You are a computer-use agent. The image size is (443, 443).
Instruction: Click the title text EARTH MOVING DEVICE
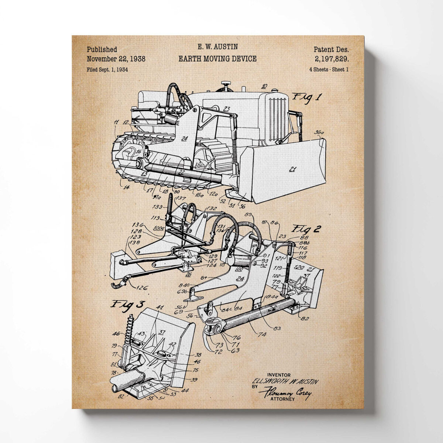[x=217, y=59]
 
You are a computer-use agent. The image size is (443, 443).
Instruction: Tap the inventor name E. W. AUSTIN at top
[x=217, y=47]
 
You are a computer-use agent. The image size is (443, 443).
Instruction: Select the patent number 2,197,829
[x=332, y=59]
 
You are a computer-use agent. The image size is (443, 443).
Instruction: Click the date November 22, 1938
[x=116, y=59]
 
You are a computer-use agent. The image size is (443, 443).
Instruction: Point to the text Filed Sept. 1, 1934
[x=107, y=69]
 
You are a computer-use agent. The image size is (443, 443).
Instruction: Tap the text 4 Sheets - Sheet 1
[x=329, y=69]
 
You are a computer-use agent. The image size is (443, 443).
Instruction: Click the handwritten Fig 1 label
[x=307, y=97]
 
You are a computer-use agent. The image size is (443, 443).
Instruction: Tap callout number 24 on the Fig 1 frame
[x=185, y=138]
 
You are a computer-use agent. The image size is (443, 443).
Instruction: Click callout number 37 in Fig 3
[x=162, y=332]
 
